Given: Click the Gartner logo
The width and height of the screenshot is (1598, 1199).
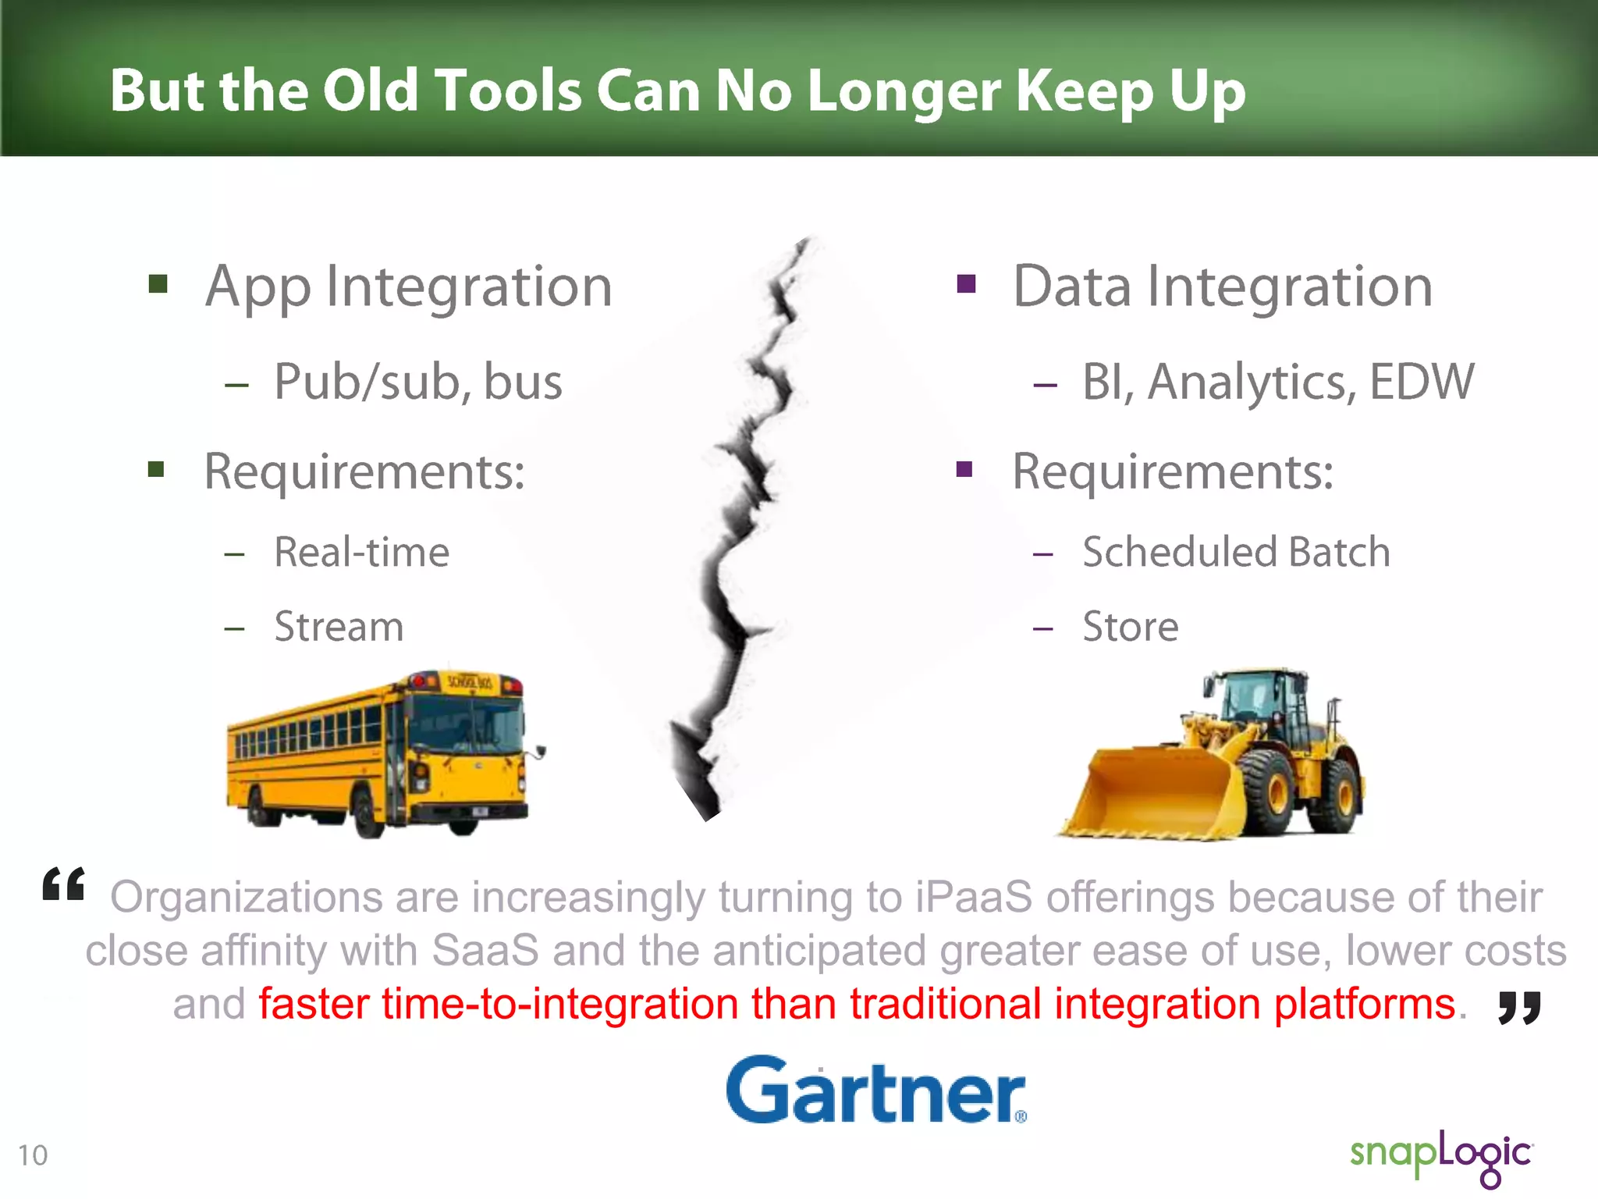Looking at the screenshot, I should coord(875,1090).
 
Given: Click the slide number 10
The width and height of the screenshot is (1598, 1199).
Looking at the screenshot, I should coord(33,1155).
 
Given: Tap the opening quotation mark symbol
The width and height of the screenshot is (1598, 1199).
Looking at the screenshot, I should coord(64,884).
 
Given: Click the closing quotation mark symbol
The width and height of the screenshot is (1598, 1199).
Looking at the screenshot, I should coord(1519,1008).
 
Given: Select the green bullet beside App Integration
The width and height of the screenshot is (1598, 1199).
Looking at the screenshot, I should coord(158,283).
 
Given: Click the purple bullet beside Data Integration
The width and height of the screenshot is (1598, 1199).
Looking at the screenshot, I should coord(966,283).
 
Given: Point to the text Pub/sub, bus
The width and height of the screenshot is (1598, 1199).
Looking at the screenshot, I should coord(418,382).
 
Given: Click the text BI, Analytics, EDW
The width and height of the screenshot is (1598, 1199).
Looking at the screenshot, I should coord(1277,382).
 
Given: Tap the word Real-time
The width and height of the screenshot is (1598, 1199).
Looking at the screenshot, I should coord(362,553).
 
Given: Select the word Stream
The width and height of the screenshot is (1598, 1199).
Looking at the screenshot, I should coord(339,627).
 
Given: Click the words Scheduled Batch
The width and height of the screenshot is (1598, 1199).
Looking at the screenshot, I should coord(1236,553).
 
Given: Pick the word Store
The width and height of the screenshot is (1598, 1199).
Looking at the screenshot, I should coord(1130,627).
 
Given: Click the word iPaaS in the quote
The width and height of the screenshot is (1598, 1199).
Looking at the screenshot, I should coord(973,897).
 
